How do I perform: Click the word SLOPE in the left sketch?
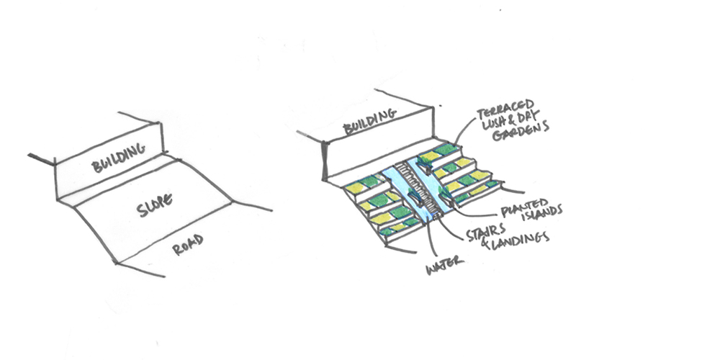(155, 205)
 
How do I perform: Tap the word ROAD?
(187, 244)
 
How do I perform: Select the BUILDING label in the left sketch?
(118, 157)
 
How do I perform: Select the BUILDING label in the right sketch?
(369, 121)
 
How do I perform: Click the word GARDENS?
(521, 131)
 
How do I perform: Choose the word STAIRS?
(486, 233)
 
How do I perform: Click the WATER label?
(444, 266)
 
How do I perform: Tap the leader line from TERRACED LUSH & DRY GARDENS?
(464, 129)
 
